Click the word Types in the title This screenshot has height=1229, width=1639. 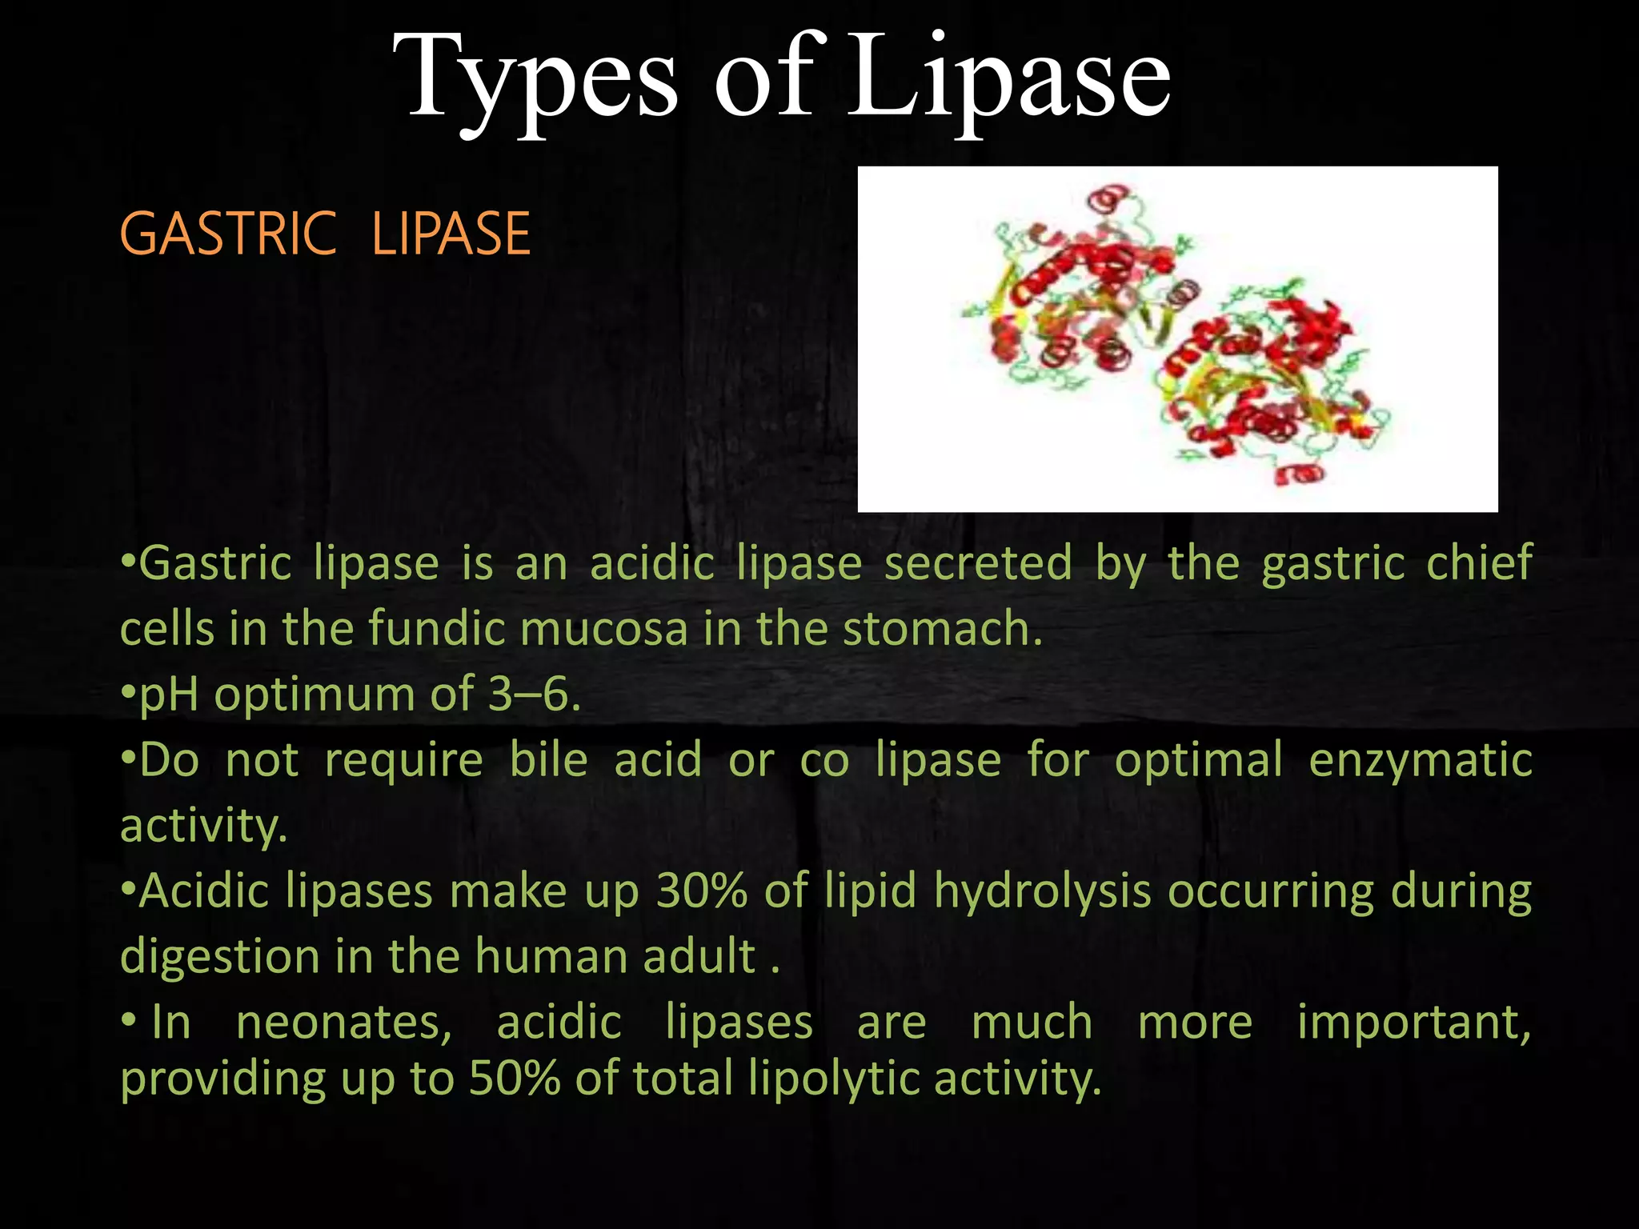[535, 80]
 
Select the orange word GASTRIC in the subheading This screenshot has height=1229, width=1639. [228, 234]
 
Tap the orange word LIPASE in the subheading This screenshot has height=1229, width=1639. [451, 234]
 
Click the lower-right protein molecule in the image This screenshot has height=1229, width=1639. [1272, 384]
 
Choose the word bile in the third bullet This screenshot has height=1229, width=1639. [549, 759]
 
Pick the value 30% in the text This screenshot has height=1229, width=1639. [702, 891]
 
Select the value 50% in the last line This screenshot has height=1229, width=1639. [515, 1078]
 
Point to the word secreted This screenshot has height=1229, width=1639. [978, 562]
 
